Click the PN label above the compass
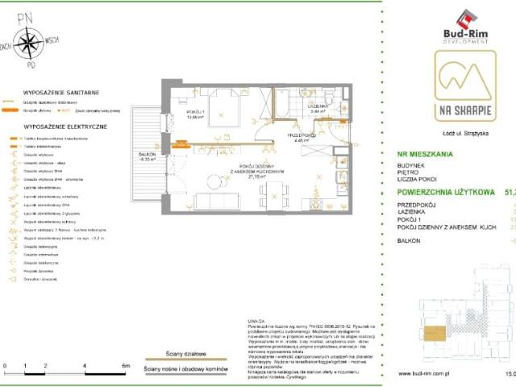[x=28, y=15]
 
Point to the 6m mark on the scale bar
[x=126, y=366]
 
